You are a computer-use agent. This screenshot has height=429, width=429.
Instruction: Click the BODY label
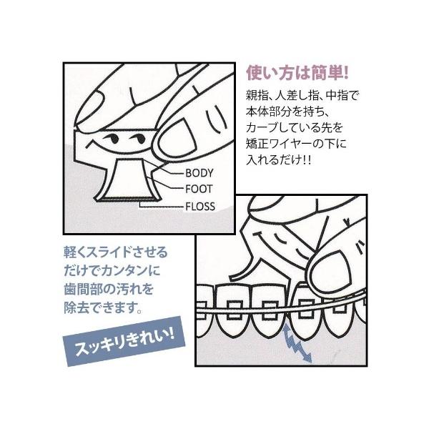[x=199, y=173]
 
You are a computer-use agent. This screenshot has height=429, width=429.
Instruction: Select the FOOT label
[x=199, y=189]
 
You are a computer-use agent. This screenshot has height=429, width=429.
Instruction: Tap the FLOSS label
[x=200, y=206]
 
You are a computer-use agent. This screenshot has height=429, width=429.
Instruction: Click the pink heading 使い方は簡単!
[x=297, y=73]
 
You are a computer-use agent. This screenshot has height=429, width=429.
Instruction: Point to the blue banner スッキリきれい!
[x=124, y=340]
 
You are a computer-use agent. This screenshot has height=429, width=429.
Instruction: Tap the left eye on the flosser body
[x=112, y=139]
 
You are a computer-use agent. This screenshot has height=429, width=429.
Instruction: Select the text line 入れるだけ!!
[x=279, y=159]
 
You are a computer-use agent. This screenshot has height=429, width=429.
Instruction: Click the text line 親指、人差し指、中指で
[x=302, y=96]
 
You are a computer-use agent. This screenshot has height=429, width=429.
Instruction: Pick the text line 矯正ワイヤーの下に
[x=296, y=144]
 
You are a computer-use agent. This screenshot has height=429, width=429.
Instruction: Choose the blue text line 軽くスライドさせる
[x=115, y=252]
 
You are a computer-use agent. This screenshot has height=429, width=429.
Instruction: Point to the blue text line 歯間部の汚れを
[x=109, y=289]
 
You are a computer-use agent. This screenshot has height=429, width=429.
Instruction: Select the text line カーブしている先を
[x=295, y=127]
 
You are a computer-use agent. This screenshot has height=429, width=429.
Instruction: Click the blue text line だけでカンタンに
[x=112, y=270]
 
